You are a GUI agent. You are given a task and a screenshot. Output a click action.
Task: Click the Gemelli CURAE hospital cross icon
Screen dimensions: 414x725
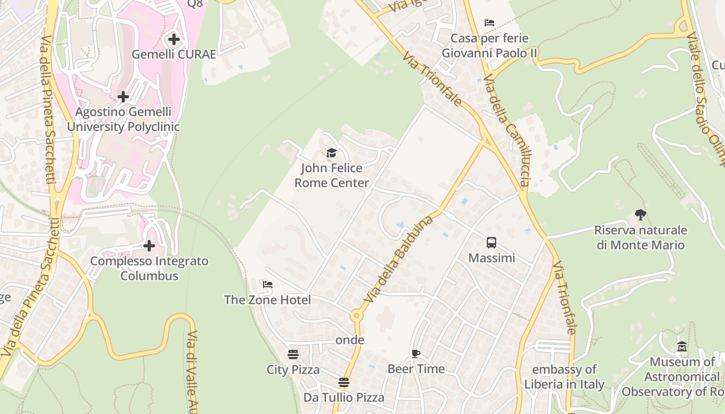[x=174, y=39]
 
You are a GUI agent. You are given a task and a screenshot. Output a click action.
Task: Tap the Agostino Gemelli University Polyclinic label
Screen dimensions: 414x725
[x=123, y=120]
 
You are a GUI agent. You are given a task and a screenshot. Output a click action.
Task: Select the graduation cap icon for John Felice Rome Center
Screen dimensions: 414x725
[x=331, y=153]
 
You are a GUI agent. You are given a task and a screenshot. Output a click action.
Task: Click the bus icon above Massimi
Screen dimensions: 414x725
[x=491, y=242]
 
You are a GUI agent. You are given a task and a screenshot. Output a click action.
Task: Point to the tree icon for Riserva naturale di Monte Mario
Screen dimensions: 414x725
[x=641, y=214]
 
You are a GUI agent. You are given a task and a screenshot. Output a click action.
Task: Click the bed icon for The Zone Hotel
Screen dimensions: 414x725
[x=268, y=285]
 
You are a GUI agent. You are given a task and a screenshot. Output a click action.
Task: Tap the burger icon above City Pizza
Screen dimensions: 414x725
[x=293, y=354]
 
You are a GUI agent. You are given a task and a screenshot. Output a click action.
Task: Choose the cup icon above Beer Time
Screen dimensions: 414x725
[x=415, y=353]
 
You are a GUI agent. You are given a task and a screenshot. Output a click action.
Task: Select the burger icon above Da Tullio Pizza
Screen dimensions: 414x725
[x=344, y=382]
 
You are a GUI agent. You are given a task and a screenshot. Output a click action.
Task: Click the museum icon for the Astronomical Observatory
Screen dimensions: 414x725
[x=682, y=346]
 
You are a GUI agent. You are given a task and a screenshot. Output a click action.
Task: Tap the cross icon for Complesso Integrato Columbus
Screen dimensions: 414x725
[x=149, y=245]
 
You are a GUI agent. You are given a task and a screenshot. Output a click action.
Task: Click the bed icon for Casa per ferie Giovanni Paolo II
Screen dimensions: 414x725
[x=489, y=23]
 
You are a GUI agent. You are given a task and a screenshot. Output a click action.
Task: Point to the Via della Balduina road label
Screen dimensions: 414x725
[x=399, y=258]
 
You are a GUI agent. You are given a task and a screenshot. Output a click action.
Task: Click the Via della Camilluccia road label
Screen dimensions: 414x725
[x=506, y=129]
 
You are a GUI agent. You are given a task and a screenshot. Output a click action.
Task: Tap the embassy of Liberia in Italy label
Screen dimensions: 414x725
[x=564, y=377]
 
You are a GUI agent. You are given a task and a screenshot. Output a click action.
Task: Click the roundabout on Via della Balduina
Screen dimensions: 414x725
[x=356, y=315]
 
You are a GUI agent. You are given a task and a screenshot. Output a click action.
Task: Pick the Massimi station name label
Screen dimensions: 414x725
[x=491, y=258]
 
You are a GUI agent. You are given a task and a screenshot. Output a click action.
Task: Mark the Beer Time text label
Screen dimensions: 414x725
[x=416, y=369]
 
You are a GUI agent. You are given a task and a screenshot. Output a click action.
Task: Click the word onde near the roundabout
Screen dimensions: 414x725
[x=350, y=340]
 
